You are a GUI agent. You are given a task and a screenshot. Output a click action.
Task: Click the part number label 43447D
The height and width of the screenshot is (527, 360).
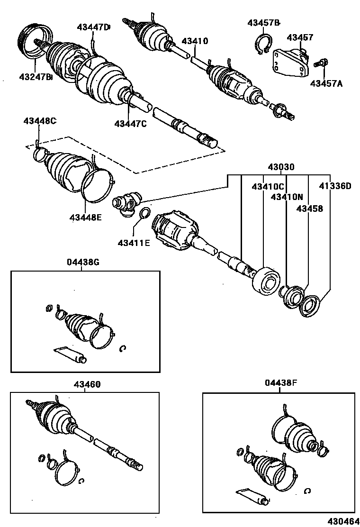point(93,27)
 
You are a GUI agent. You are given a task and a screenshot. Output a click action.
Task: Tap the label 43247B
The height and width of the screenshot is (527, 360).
point(36,76)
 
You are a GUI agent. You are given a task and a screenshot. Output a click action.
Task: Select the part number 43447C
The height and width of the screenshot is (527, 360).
point(130,124)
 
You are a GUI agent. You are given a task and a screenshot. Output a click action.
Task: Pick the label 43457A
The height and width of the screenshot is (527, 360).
point(326,83)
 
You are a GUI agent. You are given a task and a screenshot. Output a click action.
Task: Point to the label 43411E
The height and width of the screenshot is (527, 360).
point(134,243)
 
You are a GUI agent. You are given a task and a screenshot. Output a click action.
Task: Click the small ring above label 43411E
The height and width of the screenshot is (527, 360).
point(145,213)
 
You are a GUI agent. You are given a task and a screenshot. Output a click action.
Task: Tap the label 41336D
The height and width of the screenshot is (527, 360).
point(334,186)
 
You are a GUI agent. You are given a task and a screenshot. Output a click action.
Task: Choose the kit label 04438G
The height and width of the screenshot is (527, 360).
point(83,261)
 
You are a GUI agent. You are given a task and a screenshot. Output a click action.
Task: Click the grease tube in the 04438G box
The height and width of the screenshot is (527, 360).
point(70,354)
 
